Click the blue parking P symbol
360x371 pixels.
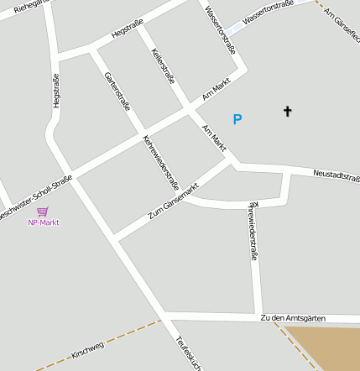tap(237, 120)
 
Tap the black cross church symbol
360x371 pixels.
tap(288, 110)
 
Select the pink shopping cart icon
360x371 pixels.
tap(43, 212)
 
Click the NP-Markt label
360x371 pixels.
tap(44, 222)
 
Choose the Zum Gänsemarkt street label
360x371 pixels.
tap(173, 201)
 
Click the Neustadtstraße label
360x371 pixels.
tap(336, 175)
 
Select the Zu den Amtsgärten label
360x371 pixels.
tap(292, 318)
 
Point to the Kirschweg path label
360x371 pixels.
tap(87, 349)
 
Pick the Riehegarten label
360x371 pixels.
tap(21, 8)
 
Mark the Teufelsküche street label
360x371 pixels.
tap(188, 353)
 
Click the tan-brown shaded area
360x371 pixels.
tap(326, 348)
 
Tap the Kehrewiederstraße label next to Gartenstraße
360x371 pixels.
tap(161, 162)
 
